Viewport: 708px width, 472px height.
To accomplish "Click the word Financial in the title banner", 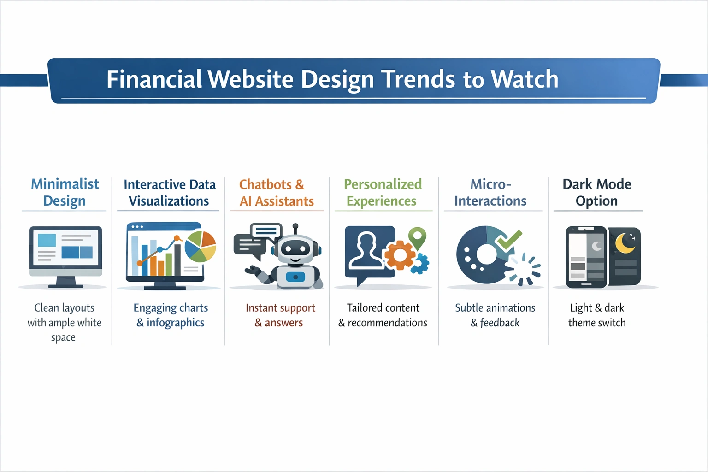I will (x=154, y=79).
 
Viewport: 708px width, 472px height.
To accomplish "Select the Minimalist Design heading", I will (x=65, y=192).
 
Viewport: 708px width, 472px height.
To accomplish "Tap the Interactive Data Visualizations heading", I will (x=169, y=193).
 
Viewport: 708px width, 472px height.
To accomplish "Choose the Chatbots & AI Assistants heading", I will (x=276, y=193).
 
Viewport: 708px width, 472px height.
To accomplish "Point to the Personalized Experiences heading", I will (x=382, y=192).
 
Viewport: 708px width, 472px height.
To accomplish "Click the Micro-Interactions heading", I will (x=490, y=192).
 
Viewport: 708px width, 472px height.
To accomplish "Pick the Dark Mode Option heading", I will (x=597, y=192).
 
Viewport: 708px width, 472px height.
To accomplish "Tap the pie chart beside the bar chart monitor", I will (x=200, y=246).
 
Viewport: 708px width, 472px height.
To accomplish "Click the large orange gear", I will (x=399, y=255).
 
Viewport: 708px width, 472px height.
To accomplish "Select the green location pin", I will (x=417, y=237).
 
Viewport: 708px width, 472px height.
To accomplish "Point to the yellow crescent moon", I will (x=625, y=243).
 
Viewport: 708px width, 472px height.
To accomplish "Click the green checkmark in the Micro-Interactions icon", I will (x=509, y=239).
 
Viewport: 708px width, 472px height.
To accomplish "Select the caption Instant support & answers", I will (x=280, y=315).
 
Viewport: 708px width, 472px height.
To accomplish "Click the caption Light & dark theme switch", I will (x=597, y=315).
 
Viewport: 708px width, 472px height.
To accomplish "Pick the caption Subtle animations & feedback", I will (x=495, y=315).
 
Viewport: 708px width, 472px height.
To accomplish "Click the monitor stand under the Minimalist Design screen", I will (x=65, y=282).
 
